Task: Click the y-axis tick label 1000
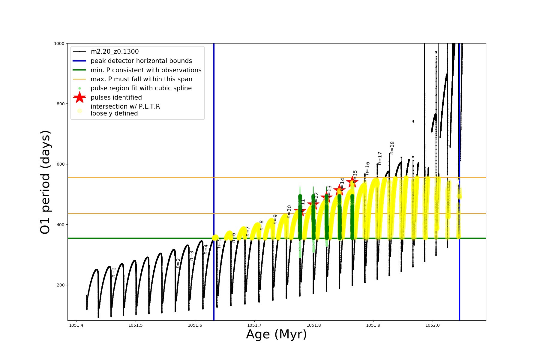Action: [59, 43]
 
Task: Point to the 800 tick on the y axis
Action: [61, 104]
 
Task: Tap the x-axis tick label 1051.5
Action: [136, 325]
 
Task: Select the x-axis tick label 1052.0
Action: [433, 325]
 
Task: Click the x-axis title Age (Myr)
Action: [276, 334]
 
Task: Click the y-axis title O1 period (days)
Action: [45, 182]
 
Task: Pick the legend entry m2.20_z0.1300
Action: [115, 52]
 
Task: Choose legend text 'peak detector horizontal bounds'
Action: [141, 61]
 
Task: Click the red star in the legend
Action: [79, 97]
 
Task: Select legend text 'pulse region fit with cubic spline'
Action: [141, 88]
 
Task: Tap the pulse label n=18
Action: [392, 148]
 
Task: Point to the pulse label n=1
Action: [114, 272]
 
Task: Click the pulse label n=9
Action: [275, 219]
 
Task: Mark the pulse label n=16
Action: [367, 168]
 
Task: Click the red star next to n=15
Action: [352, 182]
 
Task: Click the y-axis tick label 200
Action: [61, 285]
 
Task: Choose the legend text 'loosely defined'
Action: [114, 113]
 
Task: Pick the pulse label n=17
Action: [380, 158]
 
